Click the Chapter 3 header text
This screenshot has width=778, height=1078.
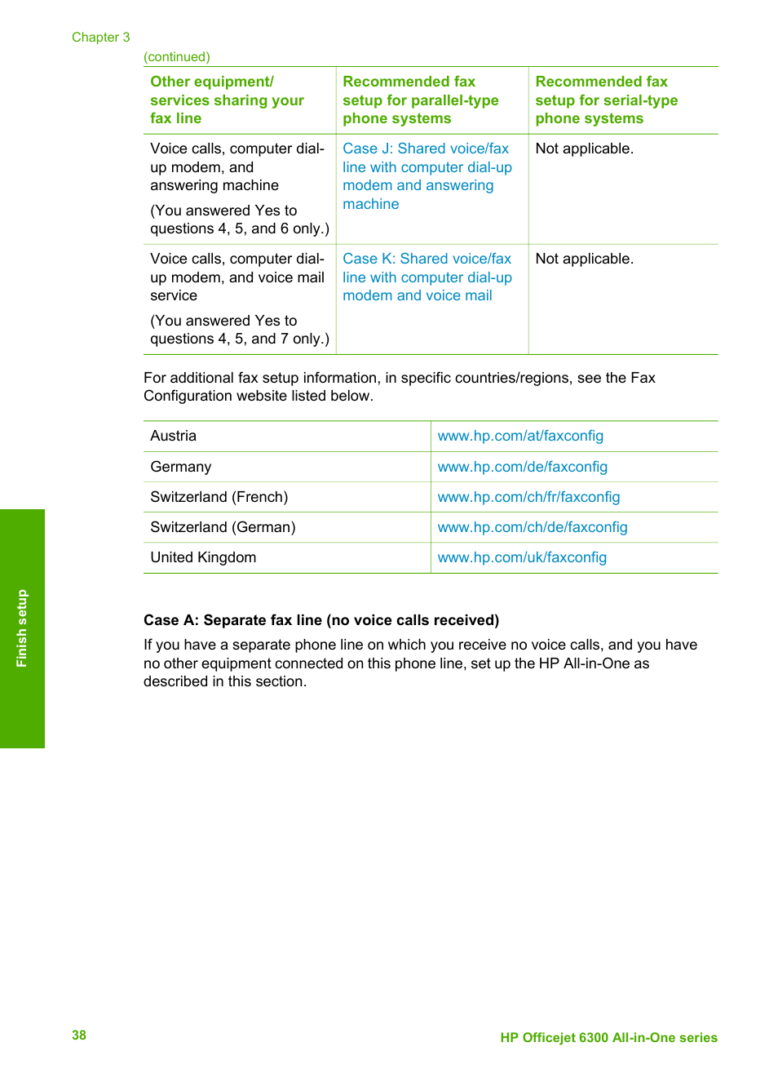point(100,38)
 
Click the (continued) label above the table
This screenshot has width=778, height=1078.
point(177,57)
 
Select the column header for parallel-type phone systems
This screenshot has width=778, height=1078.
point(420,100)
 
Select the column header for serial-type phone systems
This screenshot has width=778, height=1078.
point(606,100)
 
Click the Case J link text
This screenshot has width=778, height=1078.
point(427,176)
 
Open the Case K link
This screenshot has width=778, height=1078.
point(427,277)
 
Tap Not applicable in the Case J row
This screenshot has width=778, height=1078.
point(584,149)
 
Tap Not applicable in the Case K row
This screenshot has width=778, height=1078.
point(584,259)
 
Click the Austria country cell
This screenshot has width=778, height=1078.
point(174,436)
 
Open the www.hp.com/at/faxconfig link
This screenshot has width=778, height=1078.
point(520,436)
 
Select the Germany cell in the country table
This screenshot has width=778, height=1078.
point(181,467)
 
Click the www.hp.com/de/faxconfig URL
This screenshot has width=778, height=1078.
point(522,467)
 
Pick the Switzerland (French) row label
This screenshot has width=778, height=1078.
point(219,497)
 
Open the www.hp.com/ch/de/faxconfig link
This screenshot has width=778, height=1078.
point(533,527)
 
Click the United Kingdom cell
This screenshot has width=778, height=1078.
point(203,557)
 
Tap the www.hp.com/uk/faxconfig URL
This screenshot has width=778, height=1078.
point(522,557)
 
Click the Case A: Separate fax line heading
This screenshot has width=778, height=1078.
point(321,620)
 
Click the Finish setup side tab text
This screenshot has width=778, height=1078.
point(22,628)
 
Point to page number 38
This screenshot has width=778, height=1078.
point(79,1035)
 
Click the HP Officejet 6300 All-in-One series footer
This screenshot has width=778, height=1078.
point(608,1037)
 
